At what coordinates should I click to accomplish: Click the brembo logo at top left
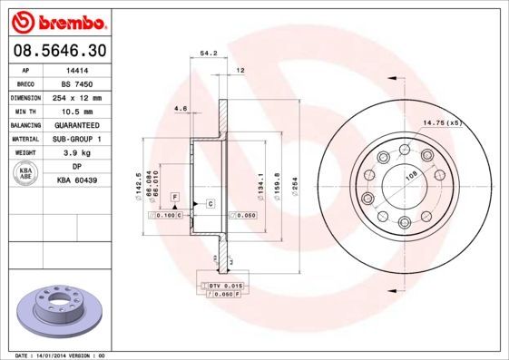[57, 21]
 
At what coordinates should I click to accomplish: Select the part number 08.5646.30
[56, 50]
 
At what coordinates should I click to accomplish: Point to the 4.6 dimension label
[180, 109]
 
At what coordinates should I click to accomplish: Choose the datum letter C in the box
[210, 203]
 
